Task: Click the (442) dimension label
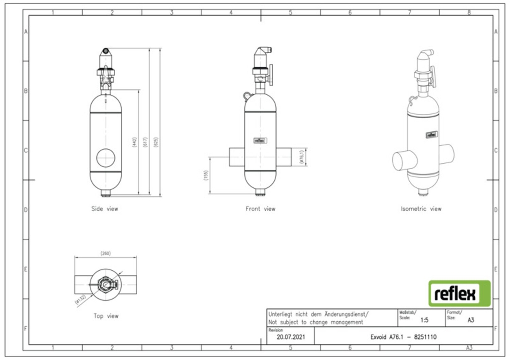(134, 142)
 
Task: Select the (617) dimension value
(145, 142)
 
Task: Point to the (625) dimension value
(156, 142)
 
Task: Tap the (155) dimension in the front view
(206, 176)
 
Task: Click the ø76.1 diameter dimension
(302, 157)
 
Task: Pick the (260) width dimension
(106, 253)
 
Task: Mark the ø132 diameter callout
(81, 300)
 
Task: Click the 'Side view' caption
(105, 209)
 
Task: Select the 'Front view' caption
(261, 209)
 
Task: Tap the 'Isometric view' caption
(421, 209)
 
